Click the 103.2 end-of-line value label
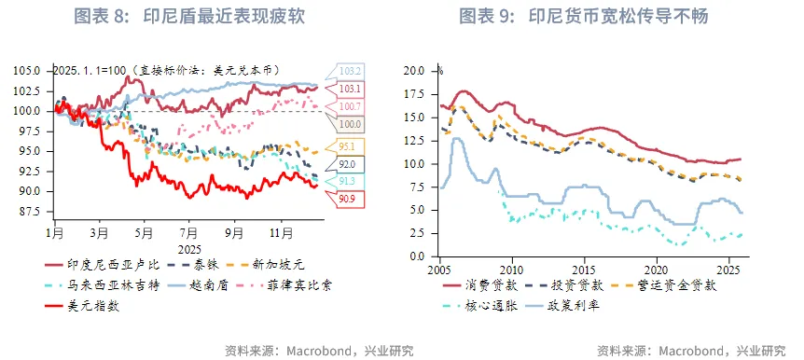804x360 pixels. (350, 71)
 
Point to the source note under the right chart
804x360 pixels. (690, 351)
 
